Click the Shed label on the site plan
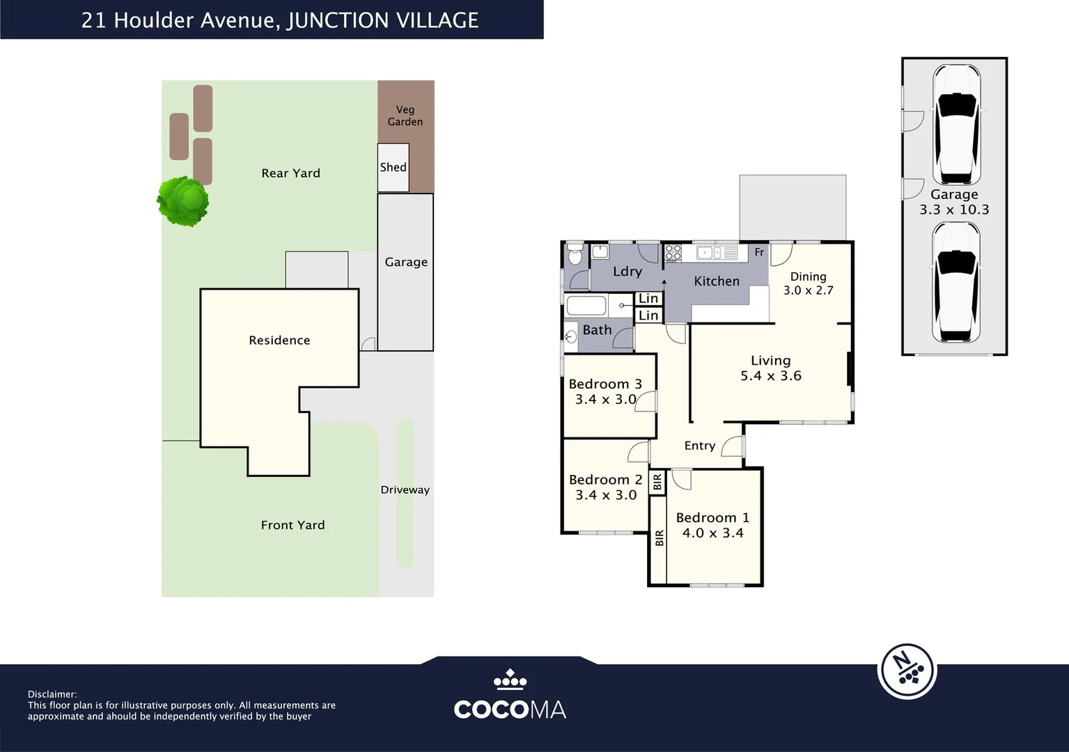coord(393,167)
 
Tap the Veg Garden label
coord(405,116)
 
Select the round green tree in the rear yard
coord(182,201)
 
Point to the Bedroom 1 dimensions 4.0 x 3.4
coord(712,533)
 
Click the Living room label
coord(771,361)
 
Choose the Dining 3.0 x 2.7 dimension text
coord(809,290)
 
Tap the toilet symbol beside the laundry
coord(575,254)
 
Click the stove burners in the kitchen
coord(673,253)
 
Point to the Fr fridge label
coord(759,252)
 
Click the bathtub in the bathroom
coord(586,306)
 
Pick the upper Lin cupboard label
coord(648,298)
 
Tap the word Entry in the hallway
coord(700,446)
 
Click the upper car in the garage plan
coord(956,125)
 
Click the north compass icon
coord(907,671)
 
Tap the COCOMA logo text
coord(510,710)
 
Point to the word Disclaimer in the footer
coord(52,694)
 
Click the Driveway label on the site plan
coord(405,490)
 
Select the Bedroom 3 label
coord(605,384)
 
